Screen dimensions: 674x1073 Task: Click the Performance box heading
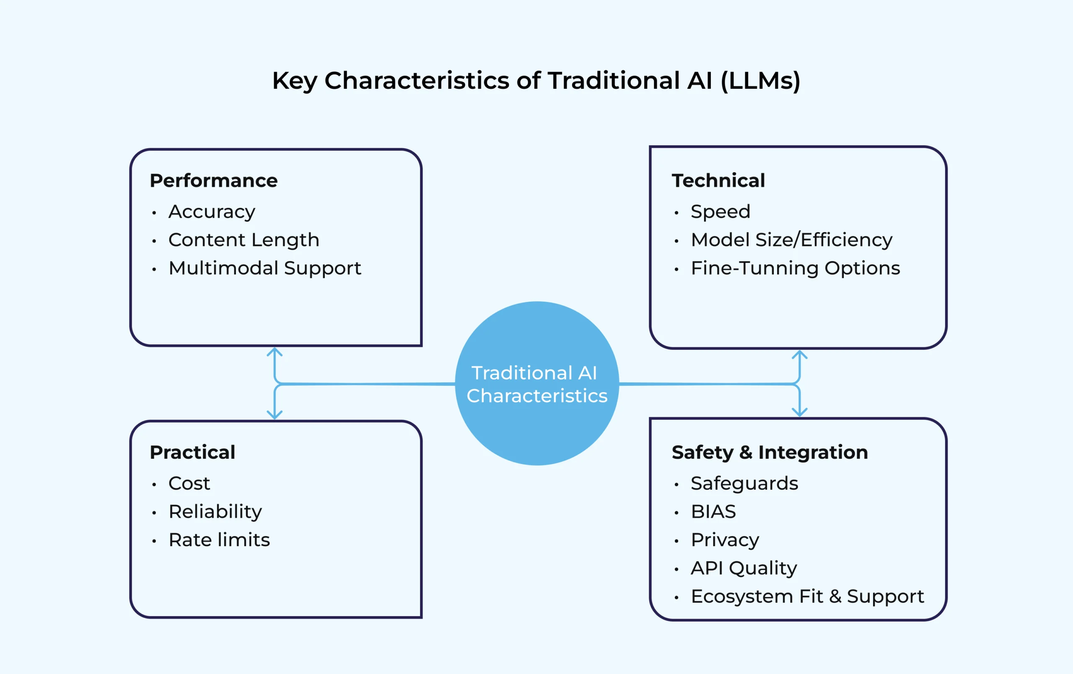213,181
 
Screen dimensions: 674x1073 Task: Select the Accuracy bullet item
212,212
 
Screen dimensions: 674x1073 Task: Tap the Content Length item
244,240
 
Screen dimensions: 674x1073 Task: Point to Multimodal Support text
264,268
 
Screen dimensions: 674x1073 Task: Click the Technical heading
718,181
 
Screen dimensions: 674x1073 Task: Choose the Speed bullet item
720,212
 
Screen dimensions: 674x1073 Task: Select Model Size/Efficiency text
791,240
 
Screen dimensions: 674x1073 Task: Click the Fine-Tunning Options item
795,268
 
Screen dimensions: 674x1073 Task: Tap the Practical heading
192,452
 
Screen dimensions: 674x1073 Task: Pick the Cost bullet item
189,483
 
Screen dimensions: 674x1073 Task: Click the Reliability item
215,511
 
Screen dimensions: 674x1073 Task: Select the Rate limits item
219,540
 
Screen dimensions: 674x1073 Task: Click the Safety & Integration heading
770,452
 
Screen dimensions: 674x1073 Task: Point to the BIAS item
713,511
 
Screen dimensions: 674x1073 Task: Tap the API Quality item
743,568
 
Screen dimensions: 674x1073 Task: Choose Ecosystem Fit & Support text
807,597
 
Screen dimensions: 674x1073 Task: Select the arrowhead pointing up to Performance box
275,352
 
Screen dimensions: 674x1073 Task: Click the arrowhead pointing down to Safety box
799,412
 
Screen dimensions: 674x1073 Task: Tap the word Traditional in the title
613,80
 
